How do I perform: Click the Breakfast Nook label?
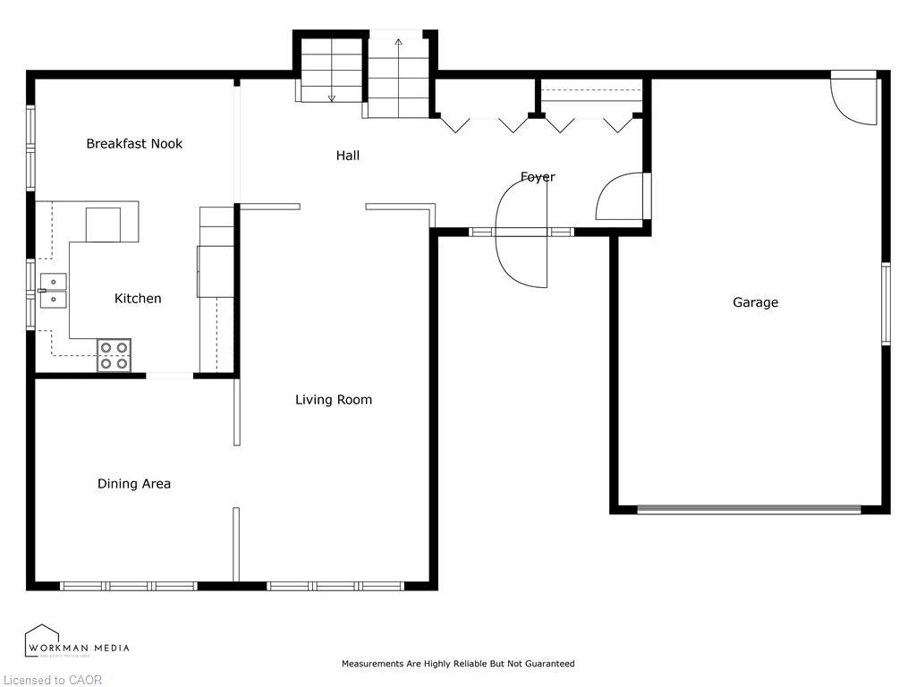tap(134, 143)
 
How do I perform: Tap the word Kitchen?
tap(138, 298)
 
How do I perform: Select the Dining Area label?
tap(134, 484)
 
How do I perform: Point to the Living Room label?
tap(334, 400)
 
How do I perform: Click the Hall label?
tap(348, 156)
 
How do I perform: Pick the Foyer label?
tap(538, 177)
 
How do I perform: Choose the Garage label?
tap(756, 302)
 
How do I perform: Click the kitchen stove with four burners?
tap(114, 355)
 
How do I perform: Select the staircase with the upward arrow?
tap(398, 77)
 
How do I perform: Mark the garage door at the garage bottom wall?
tap(749, 510)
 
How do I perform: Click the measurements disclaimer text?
tap(458, 664)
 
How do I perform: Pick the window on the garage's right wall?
tap(886, 304)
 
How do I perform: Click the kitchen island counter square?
tap(103, 224)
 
